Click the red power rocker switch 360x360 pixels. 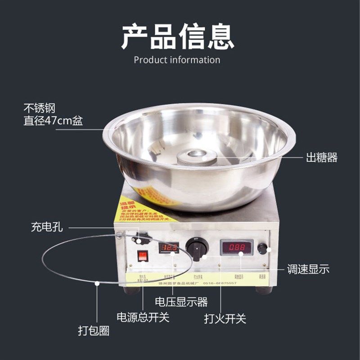click(x=143, y=256)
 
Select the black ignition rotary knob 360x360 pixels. click(x=197, y=249)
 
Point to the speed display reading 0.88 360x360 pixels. click(x=237, y=247)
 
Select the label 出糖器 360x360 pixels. click(x=322, y=157)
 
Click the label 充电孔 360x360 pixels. click(x=46, y=227)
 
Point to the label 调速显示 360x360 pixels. click(x=308, y=270)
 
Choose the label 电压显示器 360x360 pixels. click(x=181, y=301)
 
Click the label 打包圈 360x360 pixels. click(x=93, y=332)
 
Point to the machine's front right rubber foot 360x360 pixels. click(x=264, y=290)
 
